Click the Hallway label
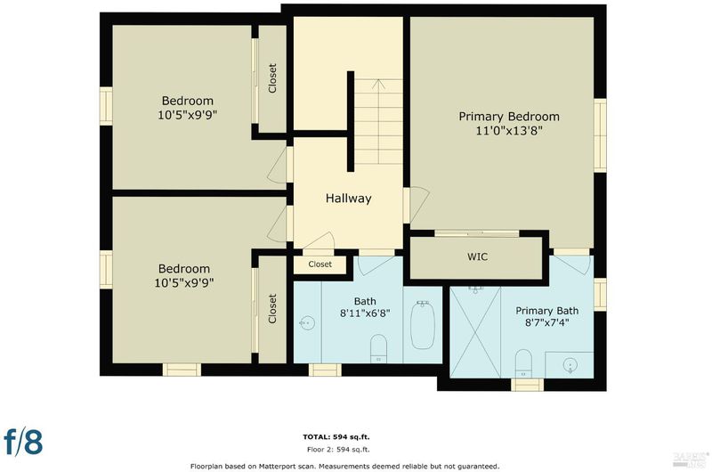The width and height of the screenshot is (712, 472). (348, 199)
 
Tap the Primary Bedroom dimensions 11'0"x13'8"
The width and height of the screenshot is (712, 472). (509, 131)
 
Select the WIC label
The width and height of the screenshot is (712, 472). (477, 256)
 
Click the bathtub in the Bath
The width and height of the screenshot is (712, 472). (422, 324)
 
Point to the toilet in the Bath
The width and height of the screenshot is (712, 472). (378, 348)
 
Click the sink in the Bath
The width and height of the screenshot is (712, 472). (307, 323)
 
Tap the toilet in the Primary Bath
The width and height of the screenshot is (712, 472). (523, 363)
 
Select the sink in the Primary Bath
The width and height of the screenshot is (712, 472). (570, 364)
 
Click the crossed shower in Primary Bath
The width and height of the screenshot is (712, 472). (475, 332)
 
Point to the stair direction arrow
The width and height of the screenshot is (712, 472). (378, 122)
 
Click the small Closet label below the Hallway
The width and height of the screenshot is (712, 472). (320, 264)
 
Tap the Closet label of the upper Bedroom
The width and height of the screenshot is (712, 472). (272, 78)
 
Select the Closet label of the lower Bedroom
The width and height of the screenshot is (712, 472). (272, 309)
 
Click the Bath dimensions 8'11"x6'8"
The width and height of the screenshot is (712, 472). (365, 313)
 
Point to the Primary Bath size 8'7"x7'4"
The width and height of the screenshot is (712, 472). (546, 323)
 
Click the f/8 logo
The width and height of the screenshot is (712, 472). (24, 442)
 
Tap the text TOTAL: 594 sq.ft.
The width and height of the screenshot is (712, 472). (336, 437)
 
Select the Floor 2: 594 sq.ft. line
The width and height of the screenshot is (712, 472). (338, 450)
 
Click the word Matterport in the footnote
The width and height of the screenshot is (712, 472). (278, 466)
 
